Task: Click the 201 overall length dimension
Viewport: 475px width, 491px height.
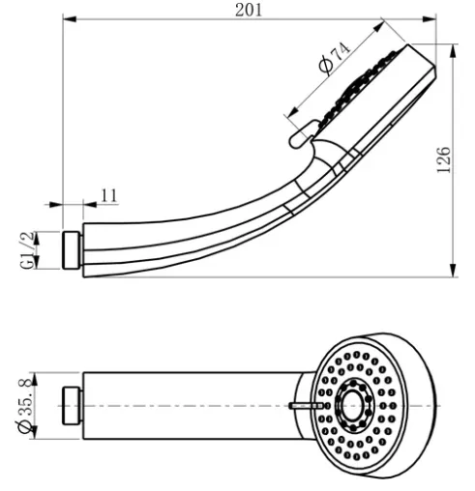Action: tap(249, 10)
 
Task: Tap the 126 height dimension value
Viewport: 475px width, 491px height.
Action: tap(443, 159)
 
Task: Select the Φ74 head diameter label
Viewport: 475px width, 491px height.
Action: tap(334, 58)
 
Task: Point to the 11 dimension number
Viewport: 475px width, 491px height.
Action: tap(109, 195)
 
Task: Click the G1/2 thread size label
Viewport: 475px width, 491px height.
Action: tap(27, 250)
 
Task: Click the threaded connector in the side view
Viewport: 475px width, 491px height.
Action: tap(72, 250)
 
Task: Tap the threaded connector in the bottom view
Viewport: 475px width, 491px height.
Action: tap(72, 406)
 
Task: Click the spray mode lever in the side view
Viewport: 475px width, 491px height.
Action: tap(304, 134)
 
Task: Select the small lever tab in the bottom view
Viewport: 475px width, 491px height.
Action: tap(307, 406)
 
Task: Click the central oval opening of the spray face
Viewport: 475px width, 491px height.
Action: tap(352, 405)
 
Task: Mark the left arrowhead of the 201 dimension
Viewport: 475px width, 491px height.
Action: tap(70, 19)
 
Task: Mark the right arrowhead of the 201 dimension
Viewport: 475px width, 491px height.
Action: tap(430, 19)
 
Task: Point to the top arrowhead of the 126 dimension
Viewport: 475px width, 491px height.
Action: tap(454, 51)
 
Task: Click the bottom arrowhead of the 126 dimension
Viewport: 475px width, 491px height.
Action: tap(454, 270)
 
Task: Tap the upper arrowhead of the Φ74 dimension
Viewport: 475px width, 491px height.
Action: tap(378, 27)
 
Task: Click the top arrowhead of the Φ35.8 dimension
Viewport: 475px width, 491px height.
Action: tap(34, 379)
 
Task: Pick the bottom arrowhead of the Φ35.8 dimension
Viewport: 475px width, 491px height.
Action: tap(34, 432)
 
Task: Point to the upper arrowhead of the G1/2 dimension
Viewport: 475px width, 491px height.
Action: tap(36, 239)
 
